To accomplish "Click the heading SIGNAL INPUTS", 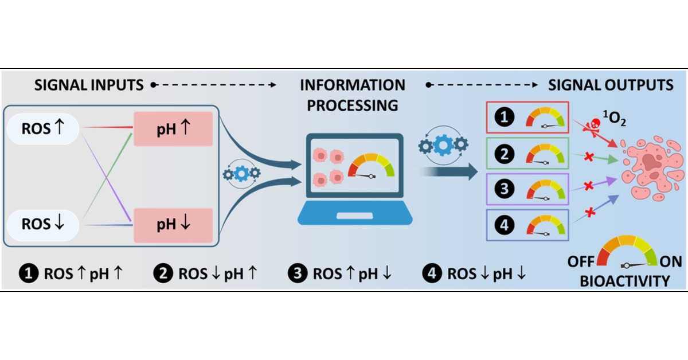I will tap(89, 85).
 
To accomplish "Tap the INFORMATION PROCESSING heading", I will tap(353, 95).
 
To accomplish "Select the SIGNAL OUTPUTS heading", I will tap(611, 85).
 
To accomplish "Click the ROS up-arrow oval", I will tap(44, 129).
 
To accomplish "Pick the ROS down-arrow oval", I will tap(44, 224).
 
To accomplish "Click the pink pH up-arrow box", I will tap(173, 129).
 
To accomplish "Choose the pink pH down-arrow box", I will tap(173, 224).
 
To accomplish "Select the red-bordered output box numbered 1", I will tap(527, 118).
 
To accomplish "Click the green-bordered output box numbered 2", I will tap(527, 153).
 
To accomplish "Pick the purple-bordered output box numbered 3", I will tap(527, 189).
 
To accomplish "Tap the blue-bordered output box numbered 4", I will tap(527, 225).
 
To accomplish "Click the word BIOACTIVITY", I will tap(626, 281).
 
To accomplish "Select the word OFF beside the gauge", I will tap(581, 262).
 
